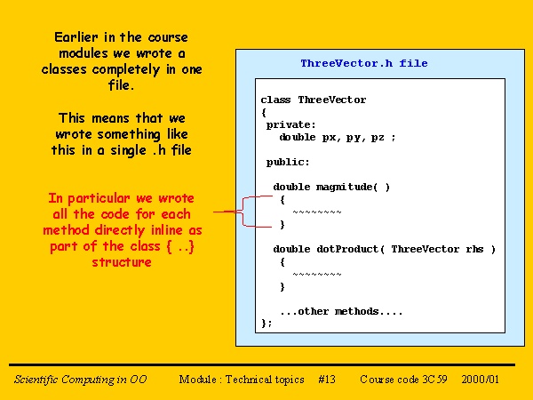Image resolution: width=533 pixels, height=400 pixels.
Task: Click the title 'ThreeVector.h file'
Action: tap(363, 63)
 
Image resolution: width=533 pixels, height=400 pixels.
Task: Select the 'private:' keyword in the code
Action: tap(291, 125)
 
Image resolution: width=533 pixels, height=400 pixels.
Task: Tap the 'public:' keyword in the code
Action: tap(288, 163)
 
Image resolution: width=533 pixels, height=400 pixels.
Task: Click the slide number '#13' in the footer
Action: tap(326, 380)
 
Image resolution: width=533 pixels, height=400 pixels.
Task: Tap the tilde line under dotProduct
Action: tap(316, 274)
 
